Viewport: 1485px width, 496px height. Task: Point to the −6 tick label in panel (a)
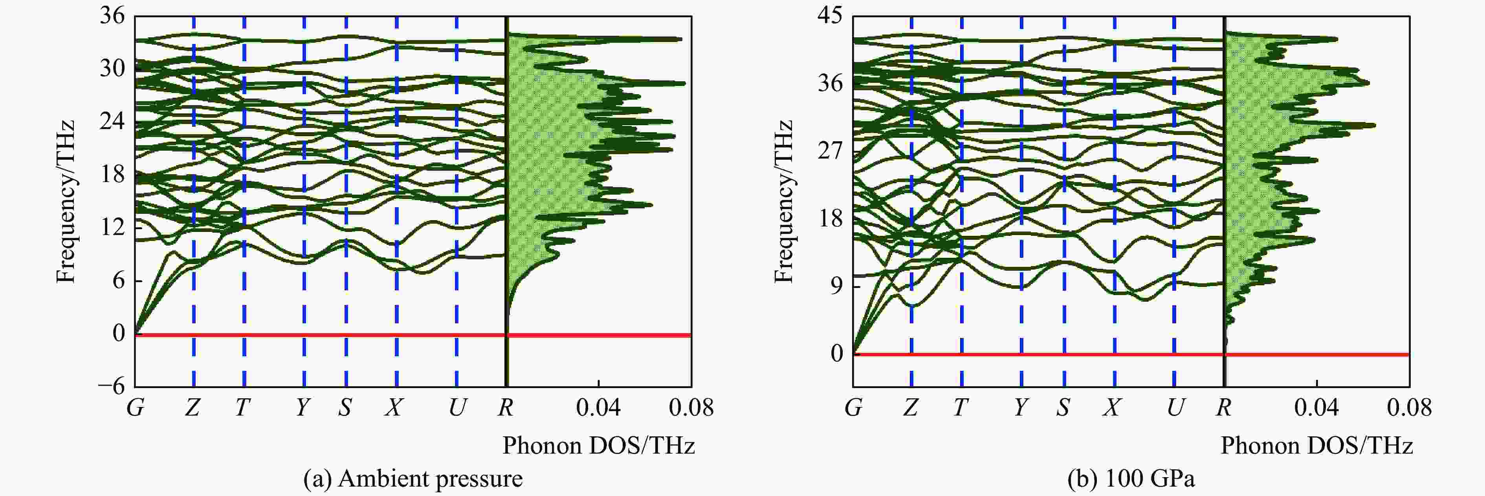[111, 386]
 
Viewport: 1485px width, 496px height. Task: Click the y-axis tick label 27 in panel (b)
[830, 151]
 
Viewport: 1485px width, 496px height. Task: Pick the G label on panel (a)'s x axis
[136, 408]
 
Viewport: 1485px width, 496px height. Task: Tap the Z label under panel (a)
[192, 408]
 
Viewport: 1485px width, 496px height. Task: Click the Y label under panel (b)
[1020, 408]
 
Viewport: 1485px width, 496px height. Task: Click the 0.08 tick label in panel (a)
[691, 408]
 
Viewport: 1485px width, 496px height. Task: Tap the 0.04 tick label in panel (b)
[1316, 408]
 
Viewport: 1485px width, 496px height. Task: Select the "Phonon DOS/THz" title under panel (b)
[1316, 446]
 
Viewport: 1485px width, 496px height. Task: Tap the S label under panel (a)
[345, 408]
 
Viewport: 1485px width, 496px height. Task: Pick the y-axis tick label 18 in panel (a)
[112, 174]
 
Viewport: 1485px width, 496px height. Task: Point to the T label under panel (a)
[243, 408]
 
